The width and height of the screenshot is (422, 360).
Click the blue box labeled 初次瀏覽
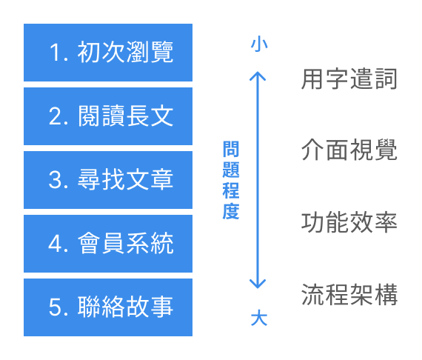pos(108,53)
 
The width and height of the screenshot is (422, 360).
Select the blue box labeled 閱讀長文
pos(108,116)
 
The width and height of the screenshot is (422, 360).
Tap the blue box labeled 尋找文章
pos(108,180)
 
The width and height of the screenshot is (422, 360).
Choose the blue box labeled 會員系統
pos(108,244)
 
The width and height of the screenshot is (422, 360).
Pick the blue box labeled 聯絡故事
pos(108,307)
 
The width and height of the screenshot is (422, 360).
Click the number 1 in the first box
pos(55,53)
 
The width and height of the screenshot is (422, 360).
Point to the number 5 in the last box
pos(55,308)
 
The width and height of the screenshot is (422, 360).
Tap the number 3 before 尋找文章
pos(55,181)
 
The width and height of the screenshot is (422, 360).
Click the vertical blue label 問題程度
pos(230,180)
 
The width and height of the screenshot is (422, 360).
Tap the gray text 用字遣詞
pos(349,79)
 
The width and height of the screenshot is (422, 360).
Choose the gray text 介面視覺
pos(349,150)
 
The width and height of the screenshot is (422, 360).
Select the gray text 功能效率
pos(349,222)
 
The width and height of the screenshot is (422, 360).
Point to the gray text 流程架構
pos(349,294)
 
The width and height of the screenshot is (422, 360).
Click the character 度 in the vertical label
pos(230,211)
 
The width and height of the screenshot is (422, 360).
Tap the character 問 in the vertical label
pos(230,149)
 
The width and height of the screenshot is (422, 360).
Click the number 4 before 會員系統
pos(55,244)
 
